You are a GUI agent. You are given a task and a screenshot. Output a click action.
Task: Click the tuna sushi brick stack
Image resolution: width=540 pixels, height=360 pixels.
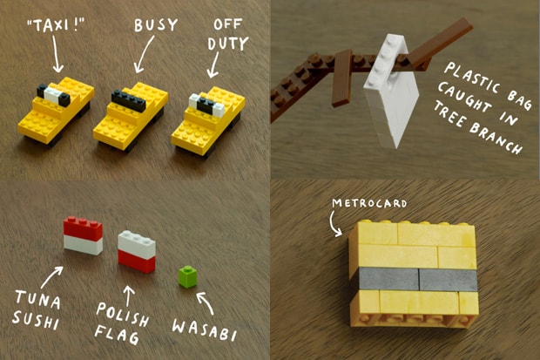coord(83,234)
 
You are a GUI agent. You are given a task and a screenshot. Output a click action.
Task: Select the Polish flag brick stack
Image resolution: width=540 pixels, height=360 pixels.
coord(138,250)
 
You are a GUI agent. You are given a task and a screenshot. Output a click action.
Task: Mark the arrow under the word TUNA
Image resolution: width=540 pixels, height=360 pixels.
coord(50,281)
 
